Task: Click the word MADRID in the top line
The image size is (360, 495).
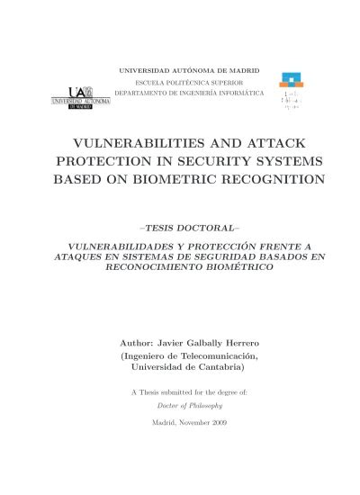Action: [x=240, y=69]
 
